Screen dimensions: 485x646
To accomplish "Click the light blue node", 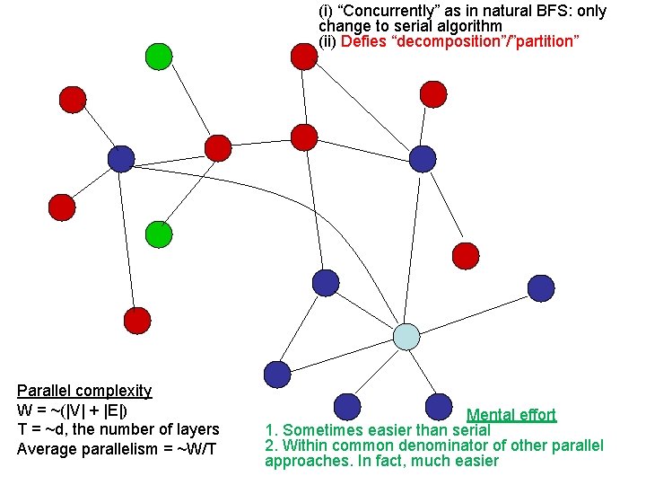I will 406,336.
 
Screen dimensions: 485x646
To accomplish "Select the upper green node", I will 159,57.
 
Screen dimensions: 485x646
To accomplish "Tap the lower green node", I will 158,234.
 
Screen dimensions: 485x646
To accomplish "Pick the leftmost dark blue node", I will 120,159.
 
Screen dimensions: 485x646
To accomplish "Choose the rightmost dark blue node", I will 541,287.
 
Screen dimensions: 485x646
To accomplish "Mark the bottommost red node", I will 136,320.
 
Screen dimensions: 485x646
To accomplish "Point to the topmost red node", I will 304,56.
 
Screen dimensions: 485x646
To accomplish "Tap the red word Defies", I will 362,41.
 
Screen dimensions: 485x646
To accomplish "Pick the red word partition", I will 547,41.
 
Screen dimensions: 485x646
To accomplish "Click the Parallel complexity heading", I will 84,391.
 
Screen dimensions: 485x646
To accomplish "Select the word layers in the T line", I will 197,429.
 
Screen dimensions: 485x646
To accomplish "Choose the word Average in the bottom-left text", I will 47,449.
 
